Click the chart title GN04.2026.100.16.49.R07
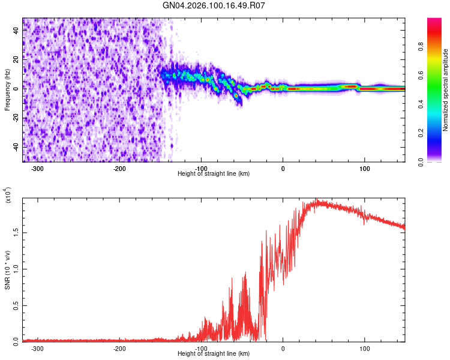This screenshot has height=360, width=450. click(x=214, y=5)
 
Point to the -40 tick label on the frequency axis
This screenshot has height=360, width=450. click(x=15, y=146)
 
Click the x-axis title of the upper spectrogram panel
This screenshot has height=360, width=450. click(x=214, y=173)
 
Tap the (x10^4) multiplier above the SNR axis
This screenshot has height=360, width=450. click(x=8, y=196)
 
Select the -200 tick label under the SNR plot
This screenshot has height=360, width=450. click(x=119, y=348)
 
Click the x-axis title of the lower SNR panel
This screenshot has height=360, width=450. click(x=214, y=354)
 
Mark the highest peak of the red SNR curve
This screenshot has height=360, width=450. click(x=316, y=200)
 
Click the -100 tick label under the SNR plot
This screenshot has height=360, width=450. click(x=200, y=348)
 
